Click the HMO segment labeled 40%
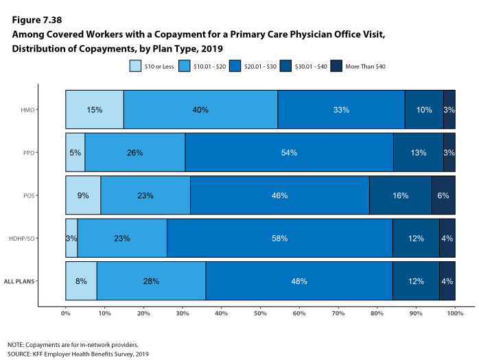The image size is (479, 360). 200,110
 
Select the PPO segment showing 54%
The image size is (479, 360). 289,152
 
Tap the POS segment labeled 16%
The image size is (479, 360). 400,195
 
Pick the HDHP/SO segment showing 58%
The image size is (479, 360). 279,238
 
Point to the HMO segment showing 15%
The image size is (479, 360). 95,110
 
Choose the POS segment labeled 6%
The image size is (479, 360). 443,195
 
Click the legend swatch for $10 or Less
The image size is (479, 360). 136,66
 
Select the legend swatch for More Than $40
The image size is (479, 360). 336,66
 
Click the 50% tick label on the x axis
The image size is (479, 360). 260,313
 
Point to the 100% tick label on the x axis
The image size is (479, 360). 454,313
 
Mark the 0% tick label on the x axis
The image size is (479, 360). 66,313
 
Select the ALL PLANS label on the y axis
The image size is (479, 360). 38,281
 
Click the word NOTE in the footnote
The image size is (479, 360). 16,344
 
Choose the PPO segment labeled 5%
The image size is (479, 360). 75,152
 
